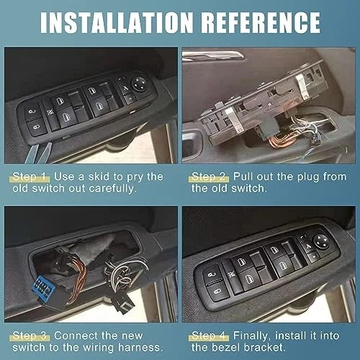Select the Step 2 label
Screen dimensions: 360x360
[210, 176]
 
